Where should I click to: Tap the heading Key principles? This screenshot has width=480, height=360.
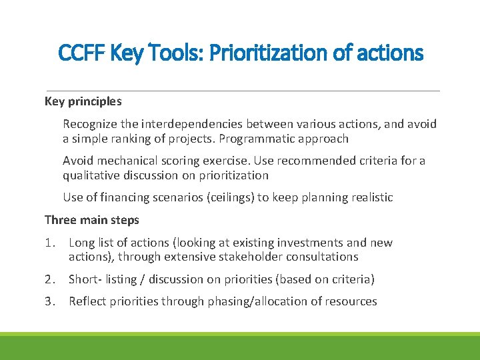(x=83, y=101)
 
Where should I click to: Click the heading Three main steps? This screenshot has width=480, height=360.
(x=92, y=220)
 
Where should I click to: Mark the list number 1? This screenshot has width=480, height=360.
(x=50, y=243)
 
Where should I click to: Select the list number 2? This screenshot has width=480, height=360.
(x=50, y=279)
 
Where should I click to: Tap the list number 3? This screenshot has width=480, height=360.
(x=50, y=301)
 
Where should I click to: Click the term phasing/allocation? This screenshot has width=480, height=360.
(x=259, y=301)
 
